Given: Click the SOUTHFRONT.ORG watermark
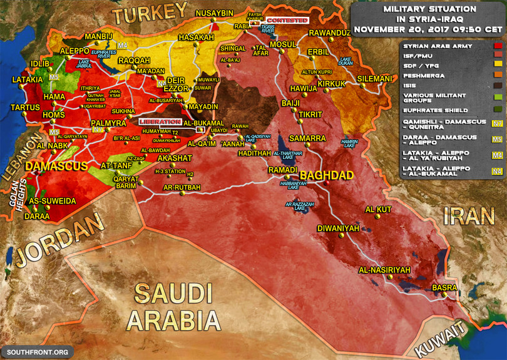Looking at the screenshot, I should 37,351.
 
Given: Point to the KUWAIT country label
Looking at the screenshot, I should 443,339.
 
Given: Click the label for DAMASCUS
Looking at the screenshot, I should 57,167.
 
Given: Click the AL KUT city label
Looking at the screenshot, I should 378,209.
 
